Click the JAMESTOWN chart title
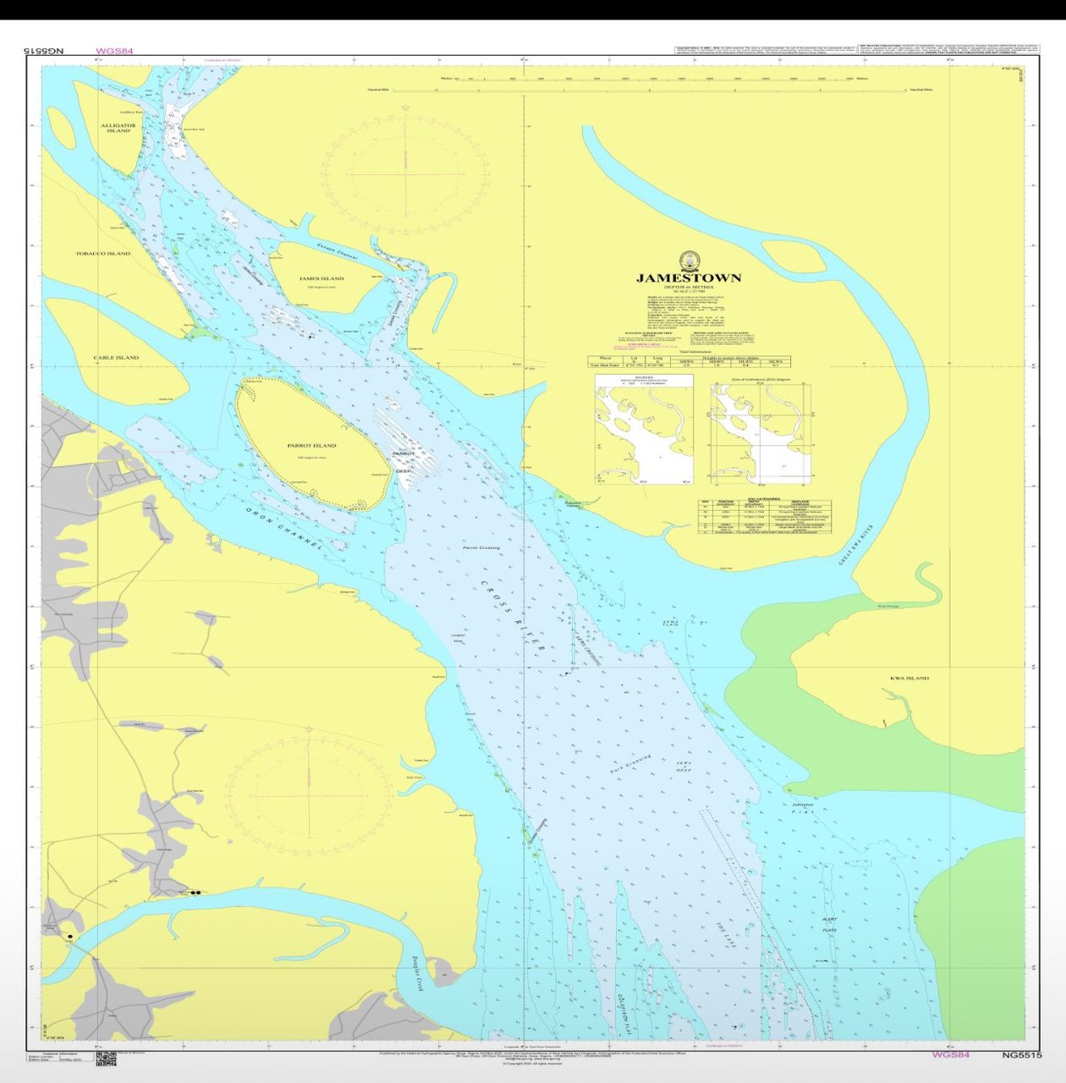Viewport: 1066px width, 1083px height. (x=688, y=278)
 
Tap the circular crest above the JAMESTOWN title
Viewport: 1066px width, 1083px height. (x=689, y=258)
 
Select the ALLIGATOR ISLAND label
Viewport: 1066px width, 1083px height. (x=118, y=128)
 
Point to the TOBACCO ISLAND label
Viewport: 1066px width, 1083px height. (x=103, y=253)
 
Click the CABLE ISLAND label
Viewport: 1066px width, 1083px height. (x=116, y=357)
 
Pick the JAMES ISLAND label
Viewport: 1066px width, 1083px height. (x=321, y=278)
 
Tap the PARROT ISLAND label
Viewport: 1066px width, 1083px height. (x=311, y=445)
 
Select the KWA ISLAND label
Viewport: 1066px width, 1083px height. (x=909, y=678)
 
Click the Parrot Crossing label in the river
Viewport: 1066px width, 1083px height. (x=481, y=547)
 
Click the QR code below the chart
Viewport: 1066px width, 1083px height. (x=105, y=1058)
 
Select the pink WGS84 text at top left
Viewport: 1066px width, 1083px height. (x=114, y=52)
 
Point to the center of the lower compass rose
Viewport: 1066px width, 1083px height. (x=310, y=796)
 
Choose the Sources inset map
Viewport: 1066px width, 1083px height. (x=643, y=430)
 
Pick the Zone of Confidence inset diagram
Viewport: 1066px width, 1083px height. (x=761, y=430)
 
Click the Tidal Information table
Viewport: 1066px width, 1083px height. (x=690, y=361)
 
